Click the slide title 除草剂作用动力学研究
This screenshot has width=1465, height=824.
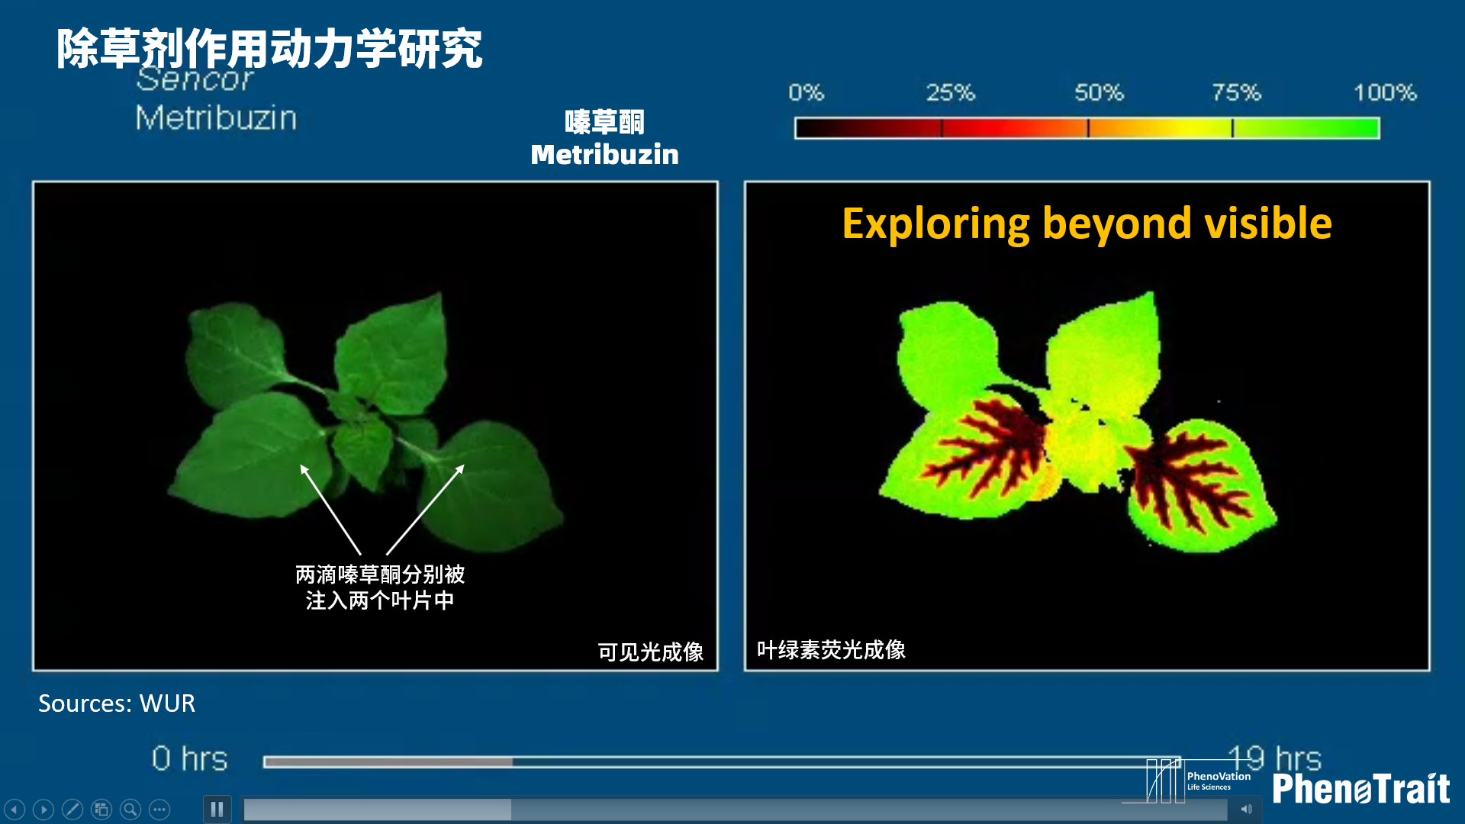pos(269,49)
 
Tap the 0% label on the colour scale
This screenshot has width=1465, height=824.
pos(807,93)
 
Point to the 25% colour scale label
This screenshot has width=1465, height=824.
pos(951,93)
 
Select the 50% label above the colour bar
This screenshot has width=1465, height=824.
pos(1100,93)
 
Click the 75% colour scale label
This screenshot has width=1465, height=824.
pos(1237,93)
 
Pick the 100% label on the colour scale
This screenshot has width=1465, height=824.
pos(1385,93)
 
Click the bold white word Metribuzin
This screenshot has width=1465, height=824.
pos(605,155)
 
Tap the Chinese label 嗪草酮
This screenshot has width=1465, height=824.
pos(604,122)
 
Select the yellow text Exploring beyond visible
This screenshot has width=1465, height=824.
pos(1087,224)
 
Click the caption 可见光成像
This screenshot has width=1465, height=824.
pos(651,652)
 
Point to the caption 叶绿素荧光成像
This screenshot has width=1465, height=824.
pos(831,650)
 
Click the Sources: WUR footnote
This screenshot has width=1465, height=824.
pos(117,703)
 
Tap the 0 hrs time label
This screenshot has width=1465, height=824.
pos(190,759)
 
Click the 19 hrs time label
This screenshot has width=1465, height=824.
pos(1274,758)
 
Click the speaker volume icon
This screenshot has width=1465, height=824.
pos(1246,809)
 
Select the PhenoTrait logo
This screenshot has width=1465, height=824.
pos(1361,788)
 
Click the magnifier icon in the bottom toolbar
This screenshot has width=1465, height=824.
pos(130,810)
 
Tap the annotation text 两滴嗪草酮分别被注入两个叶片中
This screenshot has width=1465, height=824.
pos(380,587)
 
